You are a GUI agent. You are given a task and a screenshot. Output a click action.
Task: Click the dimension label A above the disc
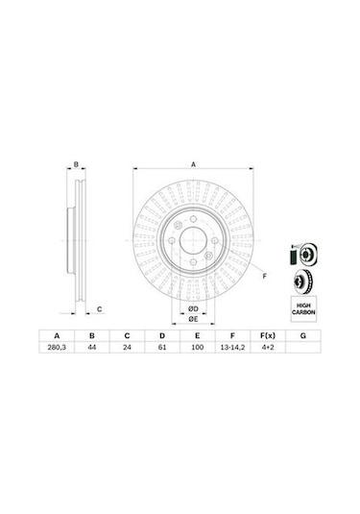tap(193, 164)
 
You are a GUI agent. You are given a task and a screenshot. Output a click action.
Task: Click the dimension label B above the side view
tap(76, 164)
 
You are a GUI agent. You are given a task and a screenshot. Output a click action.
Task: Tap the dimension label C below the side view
tap(100, 307)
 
